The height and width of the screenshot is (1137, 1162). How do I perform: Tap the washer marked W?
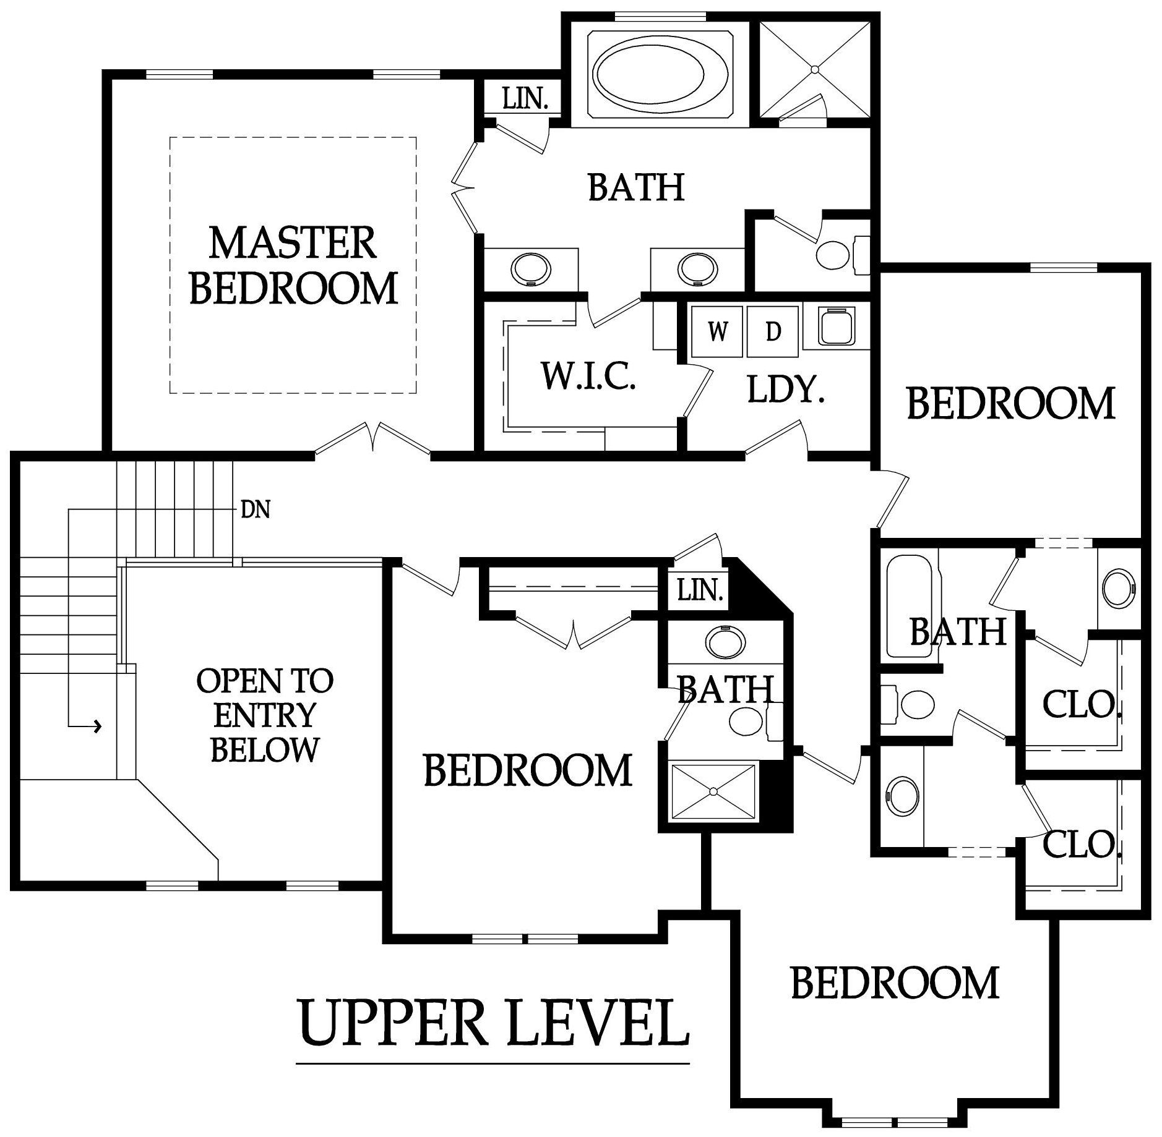click(718, 333)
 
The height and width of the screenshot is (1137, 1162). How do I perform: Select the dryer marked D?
click(773, 333)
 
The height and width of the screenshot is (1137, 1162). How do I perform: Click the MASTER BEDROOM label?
click(293, 266)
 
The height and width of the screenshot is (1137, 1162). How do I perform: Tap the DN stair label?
click(255, 510)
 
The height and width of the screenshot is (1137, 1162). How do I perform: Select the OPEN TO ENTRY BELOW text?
click(265, 715)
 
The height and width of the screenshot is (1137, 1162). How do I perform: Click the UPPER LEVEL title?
click(493, 1023)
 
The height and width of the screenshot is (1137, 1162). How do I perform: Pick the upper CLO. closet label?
click(1081, 704)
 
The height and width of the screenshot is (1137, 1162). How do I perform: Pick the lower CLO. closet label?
click(1081, 844)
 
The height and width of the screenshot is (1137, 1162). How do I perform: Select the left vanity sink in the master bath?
click(530, 270)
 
